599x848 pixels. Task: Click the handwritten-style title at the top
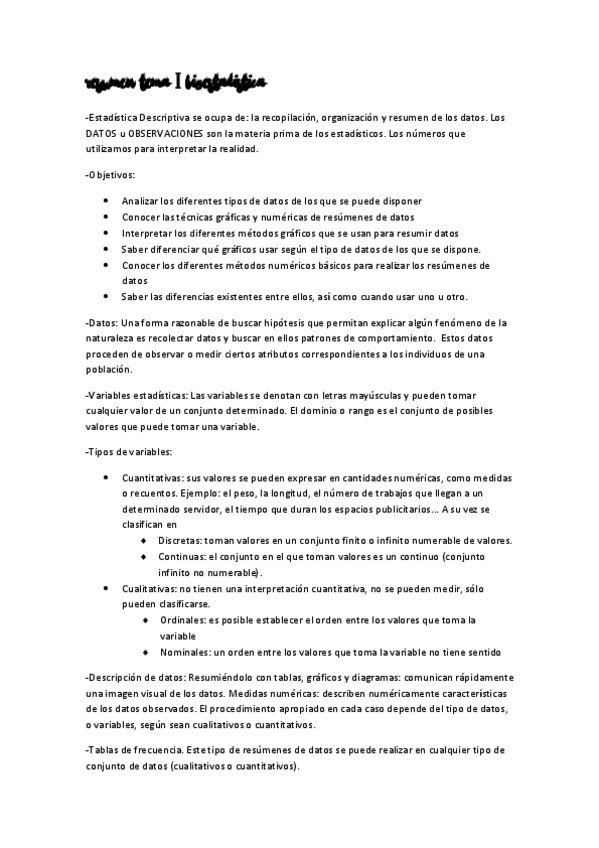click(x=176, y=81)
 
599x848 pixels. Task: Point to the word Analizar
click(x=141, y=201)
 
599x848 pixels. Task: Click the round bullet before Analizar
click(x=106, y=201)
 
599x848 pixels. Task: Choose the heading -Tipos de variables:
click(x=130, y=452)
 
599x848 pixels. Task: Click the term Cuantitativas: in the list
click(x=153, y=479)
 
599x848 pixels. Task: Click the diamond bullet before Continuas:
click(x=144, y=556)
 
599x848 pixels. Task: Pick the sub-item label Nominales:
click(x=184, y=653)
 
